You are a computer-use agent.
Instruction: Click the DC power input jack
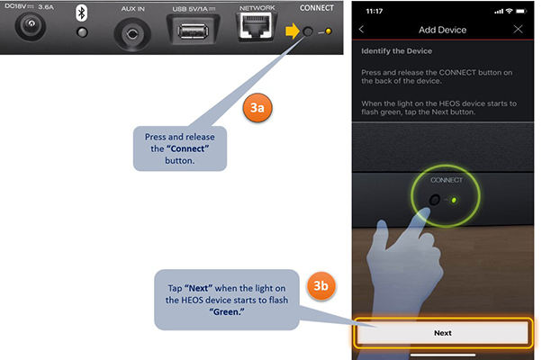click(31, 25)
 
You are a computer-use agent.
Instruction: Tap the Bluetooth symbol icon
click(82, 13)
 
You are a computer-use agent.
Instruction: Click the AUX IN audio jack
click(132, 34)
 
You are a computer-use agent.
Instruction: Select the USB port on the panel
click(194, 31)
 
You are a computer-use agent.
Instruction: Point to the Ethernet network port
click(256, 26)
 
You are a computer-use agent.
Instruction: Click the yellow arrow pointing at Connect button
click(293, 31)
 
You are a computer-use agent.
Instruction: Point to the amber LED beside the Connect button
click(329, 31)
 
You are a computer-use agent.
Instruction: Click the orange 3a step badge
click(257, 107)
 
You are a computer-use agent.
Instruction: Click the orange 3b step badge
click(321, 285)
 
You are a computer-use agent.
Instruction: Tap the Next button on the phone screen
click(443, 333)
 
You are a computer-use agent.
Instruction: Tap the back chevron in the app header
click(361, 30)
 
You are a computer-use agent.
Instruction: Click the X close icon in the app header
click(518, 30)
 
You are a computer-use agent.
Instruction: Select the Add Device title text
click(442, 30)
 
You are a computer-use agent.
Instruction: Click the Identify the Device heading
click(396, 51)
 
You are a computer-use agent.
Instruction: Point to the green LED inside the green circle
click(454, 200)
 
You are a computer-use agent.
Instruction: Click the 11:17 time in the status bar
click(375, 12)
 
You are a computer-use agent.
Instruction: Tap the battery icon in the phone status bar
click(521, 12)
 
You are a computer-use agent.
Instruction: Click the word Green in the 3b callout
click(226, 312)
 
